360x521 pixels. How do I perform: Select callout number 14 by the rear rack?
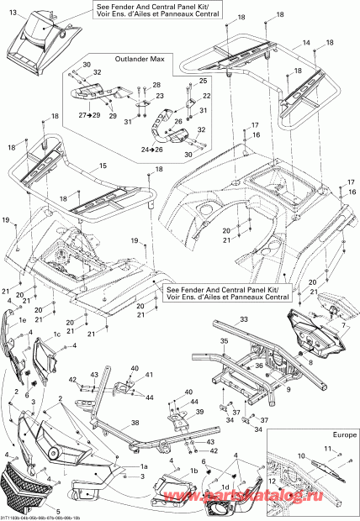306,43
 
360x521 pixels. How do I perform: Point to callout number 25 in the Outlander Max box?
202,80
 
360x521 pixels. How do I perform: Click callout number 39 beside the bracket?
200,412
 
